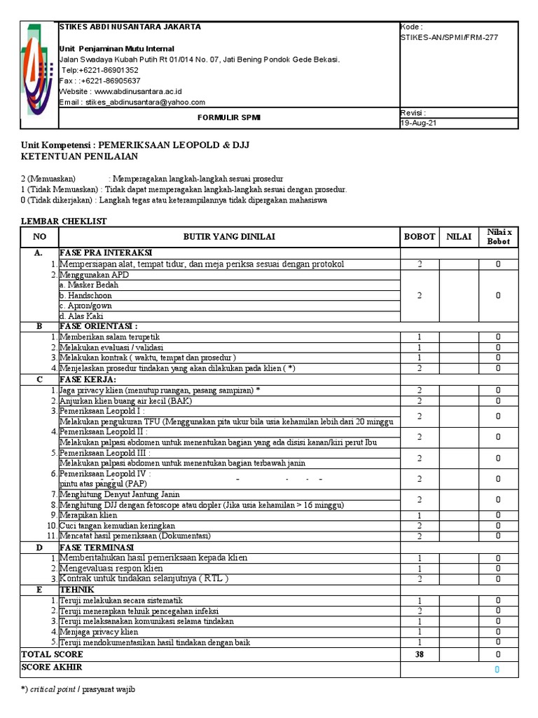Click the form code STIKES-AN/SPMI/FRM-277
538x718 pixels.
448,37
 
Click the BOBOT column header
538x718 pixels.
420,237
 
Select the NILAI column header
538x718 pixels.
459,237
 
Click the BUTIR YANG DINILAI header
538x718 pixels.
230,237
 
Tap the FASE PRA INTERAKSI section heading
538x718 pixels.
106,252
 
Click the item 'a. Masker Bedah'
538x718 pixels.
89,285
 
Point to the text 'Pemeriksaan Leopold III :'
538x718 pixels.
105,453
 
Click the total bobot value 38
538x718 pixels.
420,653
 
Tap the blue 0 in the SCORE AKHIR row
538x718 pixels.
497,670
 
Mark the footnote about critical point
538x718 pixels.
78,689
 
